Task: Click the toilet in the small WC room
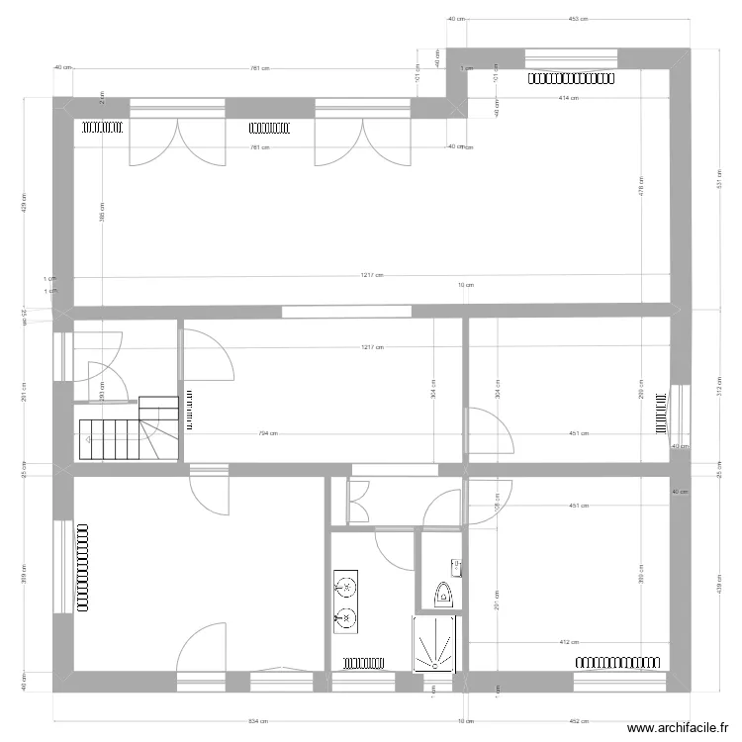[x=442, y=593]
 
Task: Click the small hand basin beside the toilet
[x=456, y=567]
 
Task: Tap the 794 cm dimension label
[x=268, y=433]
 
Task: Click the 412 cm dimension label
[x=569, y=642]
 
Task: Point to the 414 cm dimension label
[x=568, y=98]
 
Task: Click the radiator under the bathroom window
[x=363, y=660]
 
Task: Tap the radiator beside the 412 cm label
[x=618, y=660]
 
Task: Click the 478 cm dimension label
[x=641, y=188]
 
